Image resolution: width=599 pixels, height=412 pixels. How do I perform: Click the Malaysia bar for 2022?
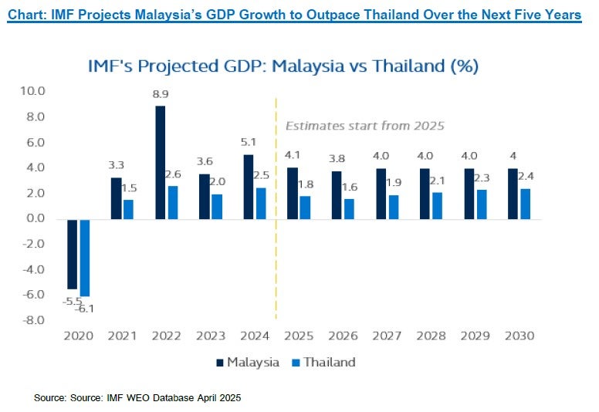click(160, 162)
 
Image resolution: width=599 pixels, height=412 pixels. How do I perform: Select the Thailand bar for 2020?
click(84, 257)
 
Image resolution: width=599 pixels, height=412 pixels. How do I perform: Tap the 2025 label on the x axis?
click(298, 336)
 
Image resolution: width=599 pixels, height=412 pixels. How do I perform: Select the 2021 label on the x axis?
click(123, 336)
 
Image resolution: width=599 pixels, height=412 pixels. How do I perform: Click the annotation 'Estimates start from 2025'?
click(365, 126)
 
